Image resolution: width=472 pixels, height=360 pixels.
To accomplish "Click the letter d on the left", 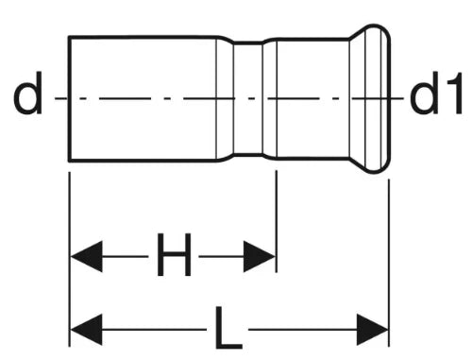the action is click(x=28, y=94).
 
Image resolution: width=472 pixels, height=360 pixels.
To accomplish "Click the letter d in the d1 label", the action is click(x=424, y=94).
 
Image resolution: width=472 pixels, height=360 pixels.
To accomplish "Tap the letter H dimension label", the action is click(x=174, y=255).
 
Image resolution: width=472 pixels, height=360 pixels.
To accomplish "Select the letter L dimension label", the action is click(x=228, y=328).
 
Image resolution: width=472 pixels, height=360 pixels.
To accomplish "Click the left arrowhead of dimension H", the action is click(x=86, y=256).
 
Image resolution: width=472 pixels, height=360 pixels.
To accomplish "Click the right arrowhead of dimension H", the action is click(x=260, y=256).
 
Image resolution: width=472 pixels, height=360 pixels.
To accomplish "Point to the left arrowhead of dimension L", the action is click(x=86, y=330).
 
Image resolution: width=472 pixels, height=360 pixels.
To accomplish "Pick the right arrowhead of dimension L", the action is click(x=372, y=330).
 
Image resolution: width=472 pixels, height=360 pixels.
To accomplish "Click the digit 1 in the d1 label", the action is click(x=454, y=94).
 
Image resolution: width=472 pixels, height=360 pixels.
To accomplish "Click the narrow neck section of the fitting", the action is click(x=248, y=98).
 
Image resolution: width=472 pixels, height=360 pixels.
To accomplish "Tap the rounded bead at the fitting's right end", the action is click(x=377, y=98).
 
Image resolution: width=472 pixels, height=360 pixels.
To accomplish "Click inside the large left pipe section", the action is click(x=143, y=98).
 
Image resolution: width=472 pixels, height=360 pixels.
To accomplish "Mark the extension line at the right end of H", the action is click(x=277, y=221).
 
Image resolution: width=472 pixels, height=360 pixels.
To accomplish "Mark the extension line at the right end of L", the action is click(x=389, y=263).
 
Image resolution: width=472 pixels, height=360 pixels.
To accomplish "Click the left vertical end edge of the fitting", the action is click(x=69, y=98).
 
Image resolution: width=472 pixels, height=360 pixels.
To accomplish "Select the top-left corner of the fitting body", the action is click(x=69, y=37).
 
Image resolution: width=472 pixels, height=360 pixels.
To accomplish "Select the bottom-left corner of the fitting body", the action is click(x=69, y=161).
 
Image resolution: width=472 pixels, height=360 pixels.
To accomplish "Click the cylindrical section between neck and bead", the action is click(x=313, y=98).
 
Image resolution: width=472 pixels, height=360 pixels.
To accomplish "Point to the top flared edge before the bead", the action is click(x=358, y=32).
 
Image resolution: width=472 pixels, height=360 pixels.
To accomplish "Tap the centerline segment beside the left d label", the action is click(x=61, y=98).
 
